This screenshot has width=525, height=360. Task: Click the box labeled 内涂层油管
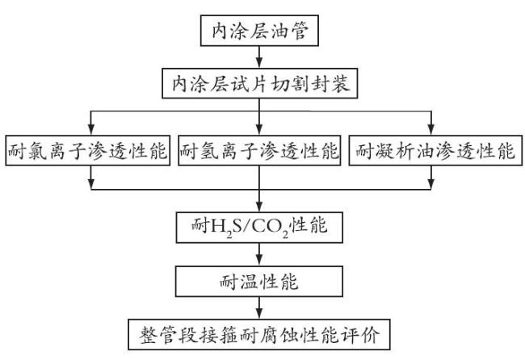tap(259, 31)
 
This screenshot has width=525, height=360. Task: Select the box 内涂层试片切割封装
tap(259, 83)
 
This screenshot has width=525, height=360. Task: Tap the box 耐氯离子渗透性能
tap(88, 150)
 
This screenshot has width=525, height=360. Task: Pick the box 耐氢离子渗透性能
tap(259, 150)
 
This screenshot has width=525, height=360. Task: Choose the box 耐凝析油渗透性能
tap(435, 150)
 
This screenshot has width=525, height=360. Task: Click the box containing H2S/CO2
tap(259, 228)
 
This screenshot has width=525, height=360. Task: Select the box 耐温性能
tap(259, 282)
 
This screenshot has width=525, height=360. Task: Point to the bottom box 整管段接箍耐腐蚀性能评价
tap(259, 334)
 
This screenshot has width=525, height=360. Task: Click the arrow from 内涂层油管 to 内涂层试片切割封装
tap(259, 57)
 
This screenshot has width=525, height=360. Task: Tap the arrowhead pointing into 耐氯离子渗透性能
tap(91, 130)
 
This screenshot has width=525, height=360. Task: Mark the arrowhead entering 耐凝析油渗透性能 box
tap(431, 130)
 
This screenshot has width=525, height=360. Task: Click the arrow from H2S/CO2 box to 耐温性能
tap(259, 254)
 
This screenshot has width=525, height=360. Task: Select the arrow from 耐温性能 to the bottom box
tap(259, 308)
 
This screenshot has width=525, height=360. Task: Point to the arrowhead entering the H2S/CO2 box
tap(259, 207)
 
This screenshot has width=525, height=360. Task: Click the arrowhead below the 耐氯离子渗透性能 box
tap(91, 184)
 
